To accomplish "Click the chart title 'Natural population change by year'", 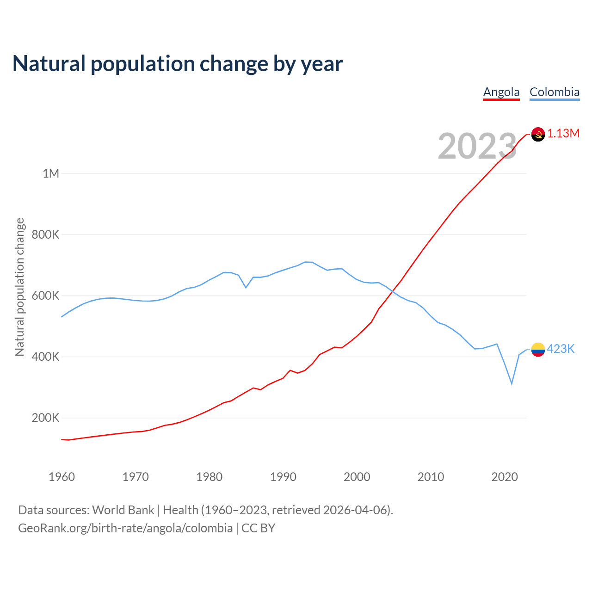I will [x=178, y=64].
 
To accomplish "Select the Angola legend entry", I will [x=501, y=92].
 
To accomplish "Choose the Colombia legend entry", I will [x=554, y=92].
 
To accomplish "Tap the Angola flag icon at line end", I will [x=538, y=134].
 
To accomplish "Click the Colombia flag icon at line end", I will [x=538, y=350].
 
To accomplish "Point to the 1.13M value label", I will [x=563, y=134].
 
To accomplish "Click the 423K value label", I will [x=561, y=349].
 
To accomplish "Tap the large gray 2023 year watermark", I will [x=477, y=146].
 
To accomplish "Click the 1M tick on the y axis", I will [x=51, y=173].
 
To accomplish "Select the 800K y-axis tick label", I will [x=45, y=234].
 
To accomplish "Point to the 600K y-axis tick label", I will [x=45, y=296].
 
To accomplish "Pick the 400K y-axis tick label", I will [x=45, y=357].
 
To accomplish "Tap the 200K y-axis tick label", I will [x=45, y=418].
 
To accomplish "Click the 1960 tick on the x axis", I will [x=62, y=477].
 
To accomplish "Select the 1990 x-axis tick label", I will [x=283, y=477].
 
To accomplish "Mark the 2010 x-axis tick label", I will [x=431, y=477].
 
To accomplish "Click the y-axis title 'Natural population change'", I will [x=19, y=287].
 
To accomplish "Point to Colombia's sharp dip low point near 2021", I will [x=512, y=383].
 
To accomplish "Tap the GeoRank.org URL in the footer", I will [x=125, y=528].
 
